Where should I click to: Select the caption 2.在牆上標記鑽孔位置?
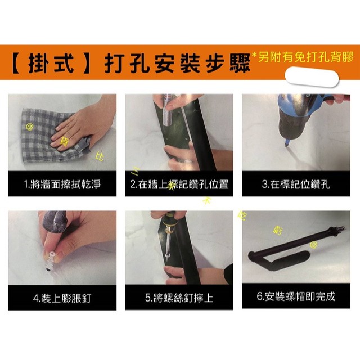point(179,184)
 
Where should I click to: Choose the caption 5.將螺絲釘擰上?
point(179,297)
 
